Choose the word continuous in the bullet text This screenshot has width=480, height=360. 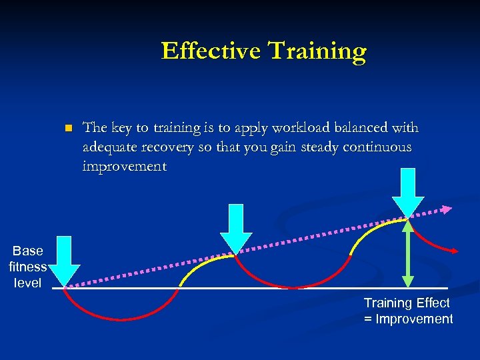(377, 147)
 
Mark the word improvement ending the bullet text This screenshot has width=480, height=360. (125, 166)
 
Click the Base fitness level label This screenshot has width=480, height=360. (27, 267)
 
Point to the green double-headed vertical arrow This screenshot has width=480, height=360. (408, 253)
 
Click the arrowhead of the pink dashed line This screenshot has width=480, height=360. (447, 209)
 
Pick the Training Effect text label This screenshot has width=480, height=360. (407, 303)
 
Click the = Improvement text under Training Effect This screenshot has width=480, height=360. (408, 319)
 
